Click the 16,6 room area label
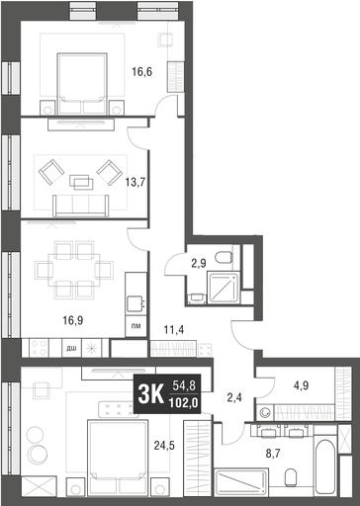142,71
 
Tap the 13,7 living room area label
135,182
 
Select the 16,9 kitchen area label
73,320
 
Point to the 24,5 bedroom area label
164,446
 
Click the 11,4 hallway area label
174,329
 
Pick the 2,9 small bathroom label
199,263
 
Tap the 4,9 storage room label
301,385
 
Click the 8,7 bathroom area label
273,454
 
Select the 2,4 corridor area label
234,397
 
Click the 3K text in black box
150,394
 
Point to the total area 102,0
184,402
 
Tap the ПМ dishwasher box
135,326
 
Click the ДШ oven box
71,348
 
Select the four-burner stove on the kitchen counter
39,348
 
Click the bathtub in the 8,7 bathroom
325,464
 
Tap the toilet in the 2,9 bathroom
224,257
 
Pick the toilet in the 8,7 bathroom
291,477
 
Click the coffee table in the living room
81,182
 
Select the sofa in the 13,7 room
81,206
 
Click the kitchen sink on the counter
135,303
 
